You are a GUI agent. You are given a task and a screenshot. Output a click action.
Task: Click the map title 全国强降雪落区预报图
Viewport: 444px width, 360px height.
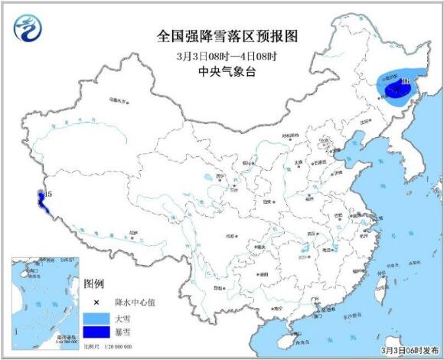(221, 36)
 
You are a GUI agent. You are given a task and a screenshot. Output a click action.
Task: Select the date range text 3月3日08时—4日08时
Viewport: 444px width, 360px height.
(221, 56)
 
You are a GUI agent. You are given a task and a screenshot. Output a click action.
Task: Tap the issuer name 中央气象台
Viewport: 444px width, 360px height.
(221, 74)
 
